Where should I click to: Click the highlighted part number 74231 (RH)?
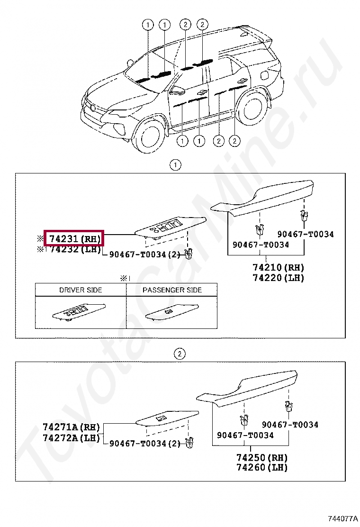[73, 238]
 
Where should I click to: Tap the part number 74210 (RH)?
[270, 268]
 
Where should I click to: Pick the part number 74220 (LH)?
[270, 278]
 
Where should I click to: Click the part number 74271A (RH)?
[72, 427]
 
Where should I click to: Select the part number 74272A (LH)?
[72, 437]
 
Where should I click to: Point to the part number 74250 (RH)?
[261, 457]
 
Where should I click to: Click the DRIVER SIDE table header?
[81, 290]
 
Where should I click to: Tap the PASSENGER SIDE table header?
[172, 290]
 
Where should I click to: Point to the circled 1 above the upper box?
[175, 165]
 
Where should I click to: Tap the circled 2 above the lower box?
[180, 354]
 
